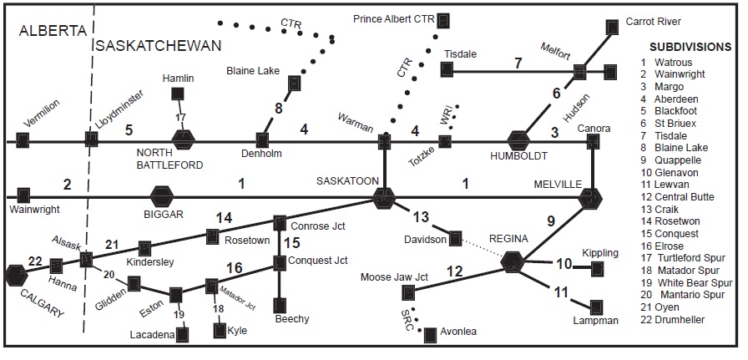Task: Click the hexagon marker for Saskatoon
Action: [383, 198]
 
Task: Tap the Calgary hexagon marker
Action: [15, 275]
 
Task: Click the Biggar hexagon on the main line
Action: [161, 198]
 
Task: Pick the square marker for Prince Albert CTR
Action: [444, 19]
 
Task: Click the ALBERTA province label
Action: [53, 31]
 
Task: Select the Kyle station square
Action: [221, 330]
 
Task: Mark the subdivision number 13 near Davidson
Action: [421, 217]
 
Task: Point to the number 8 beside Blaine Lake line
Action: [279, 109]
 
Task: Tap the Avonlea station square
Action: [430, 335]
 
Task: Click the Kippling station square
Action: [597, 268]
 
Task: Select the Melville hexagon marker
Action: [591, 198]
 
